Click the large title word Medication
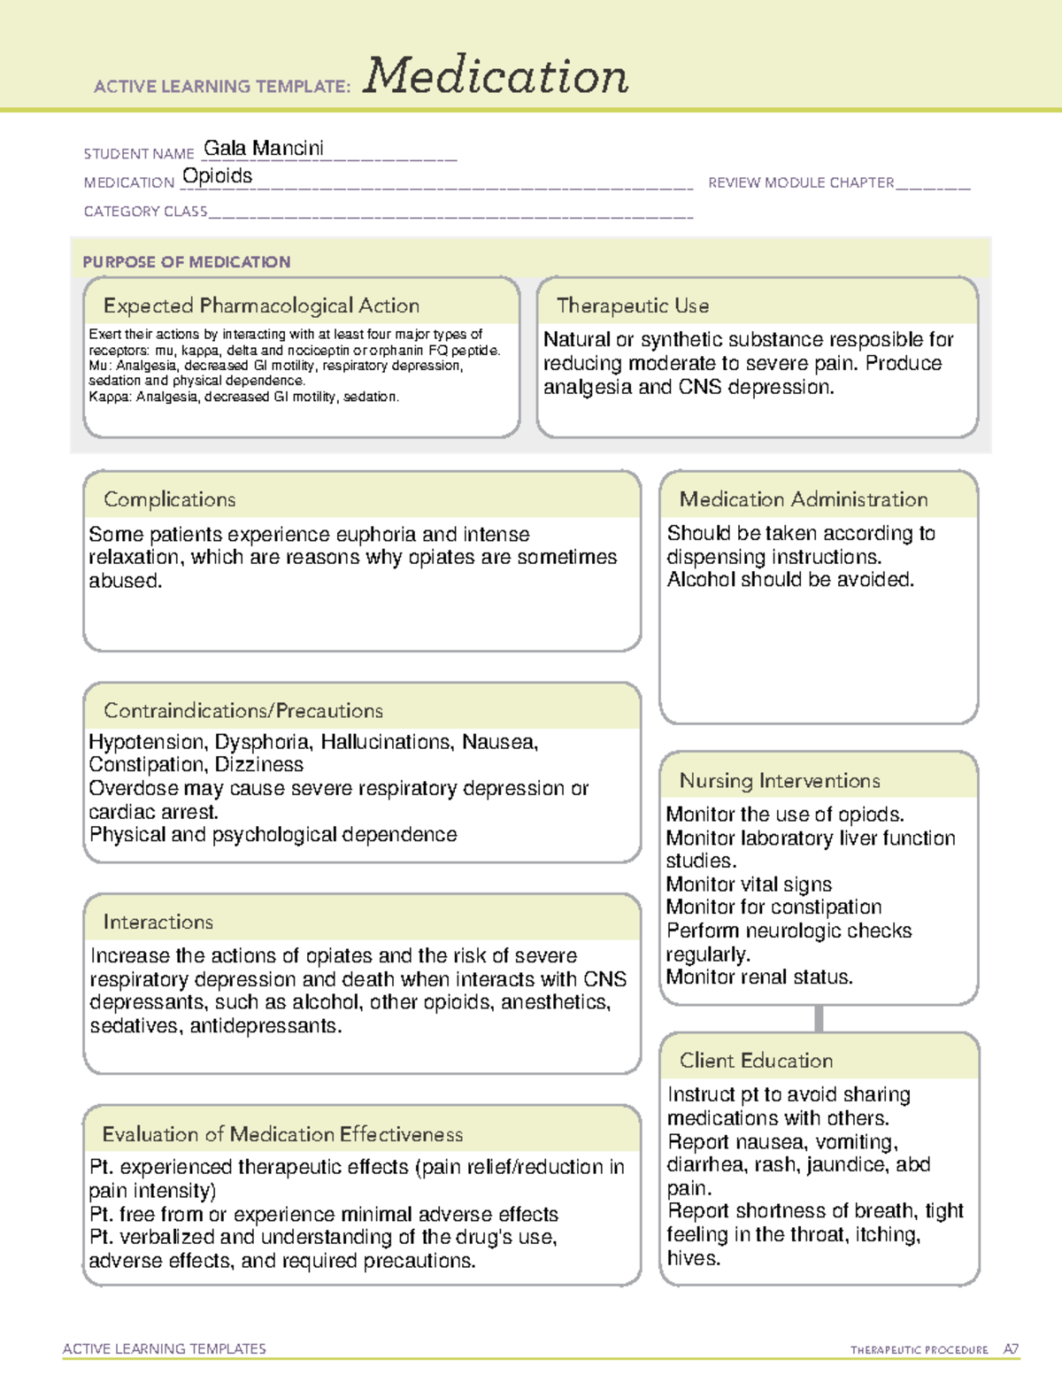click(496, 76)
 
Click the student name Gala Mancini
click(264, 148)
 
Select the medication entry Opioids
click(217, 176)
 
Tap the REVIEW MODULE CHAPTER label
click(801, 182)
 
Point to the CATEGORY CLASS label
click(145, 212)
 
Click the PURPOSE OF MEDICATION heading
click(187, 262)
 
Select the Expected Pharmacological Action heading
click(261, 306)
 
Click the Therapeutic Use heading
click(633, 306)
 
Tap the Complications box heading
click(170, 499)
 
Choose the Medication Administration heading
click(804, 499)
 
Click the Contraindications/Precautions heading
click(243, 711)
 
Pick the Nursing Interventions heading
click(780, 781)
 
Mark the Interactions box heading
click(158, 923)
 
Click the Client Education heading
click(757, 1061)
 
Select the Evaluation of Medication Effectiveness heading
click(282, 1134)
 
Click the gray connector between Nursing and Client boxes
click(819, 1019)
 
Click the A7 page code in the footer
click(1011, 1349)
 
